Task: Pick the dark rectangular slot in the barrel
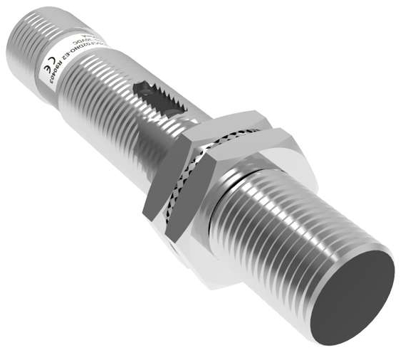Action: pos(161,100)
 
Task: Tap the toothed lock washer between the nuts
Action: pos(214,142)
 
